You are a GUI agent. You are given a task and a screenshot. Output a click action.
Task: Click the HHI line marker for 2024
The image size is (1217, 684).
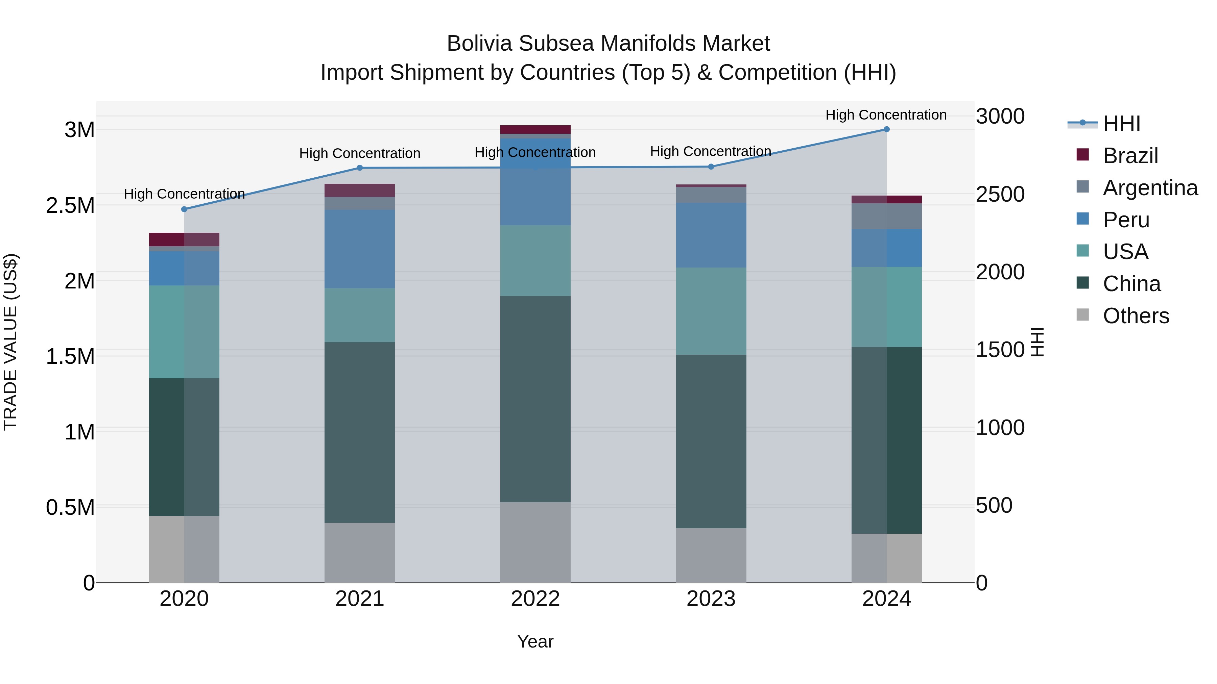coord(886,129)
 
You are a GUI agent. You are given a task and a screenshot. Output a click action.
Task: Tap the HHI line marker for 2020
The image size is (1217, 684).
coord(184,209)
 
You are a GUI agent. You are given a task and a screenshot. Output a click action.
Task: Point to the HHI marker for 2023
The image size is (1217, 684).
coord(711,167)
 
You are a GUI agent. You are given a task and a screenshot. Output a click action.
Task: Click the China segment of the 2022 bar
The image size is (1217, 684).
coord(535,399)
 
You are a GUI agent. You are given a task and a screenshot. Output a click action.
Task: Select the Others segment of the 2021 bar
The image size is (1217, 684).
coord(360,552)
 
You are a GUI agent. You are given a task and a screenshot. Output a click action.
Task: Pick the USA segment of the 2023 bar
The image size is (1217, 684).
coord(711,311)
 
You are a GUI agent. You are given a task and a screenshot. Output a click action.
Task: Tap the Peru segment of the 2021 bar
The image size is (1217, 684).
coord(360,249)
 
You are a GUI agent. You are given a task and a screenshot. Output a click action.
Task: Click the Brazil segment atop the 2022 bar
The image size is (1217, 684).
coord(535,129)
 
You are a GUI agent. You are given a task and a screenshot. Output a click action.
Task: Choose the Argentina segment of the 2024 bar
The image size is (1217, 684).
coord(886,216)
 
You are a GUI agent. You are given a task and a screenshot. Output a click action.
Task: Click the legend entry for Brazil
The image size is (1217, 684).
coord(1130,156)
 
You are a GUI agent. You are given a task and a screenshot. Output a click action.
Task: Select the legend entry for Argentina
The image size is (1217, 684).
coord(1150,188)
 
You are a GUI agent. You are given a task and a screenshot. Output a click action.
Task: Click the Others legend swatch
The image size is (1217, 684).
coord(1082,315)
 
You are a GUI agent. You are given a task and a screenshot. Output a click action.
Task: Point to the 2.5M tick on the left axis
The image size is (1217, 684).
coord(70,206)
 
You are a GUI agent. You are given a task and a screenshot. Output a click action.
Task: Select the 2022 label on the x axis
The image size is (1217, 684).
coord(535,599)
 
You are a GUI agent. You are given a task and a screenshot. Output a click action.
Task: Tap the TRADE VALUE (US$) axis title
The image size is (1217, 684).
coord(10,342)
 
